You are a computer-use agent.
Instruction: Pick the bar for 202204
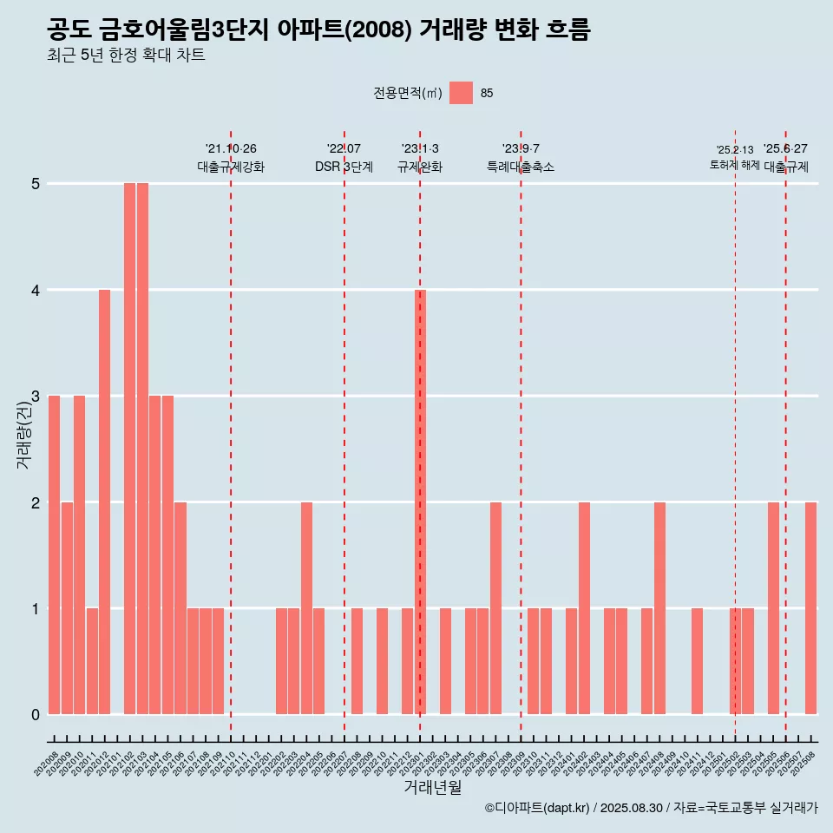(306, 607)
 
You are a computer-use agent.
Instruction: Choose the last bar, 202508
(810, 607)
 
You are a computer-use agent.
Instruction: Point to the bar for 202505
(773, 607)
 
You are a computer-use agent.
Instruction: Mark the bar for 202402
(584, 607)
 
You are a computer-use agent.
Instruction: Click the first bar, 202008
(54, 554)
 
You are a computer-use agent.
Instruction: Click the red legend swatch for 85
(462, 93)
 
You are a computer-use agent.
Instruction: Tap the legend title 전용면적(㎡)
(408, 94)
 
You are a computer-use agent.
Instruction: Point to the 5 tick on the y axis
(36, 184)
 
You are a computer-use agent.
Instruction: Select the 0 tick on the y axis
(36, 715)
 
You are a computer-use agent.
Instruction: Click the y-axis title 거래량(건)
(23, 435)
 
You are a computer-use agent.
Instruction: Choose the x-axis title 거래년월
(432, 787)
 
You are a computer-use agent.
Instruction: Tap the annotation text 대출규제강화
(231, 167)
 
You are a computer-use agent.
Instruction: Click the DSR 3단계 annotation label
(344, 167)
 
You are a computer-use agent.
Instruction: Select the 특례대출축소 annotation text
(521, 167)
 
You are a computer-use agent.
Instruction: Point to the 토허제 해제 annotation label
(734, 165)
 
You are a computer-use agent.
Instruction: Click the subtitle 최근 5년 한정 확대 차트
(127, 56)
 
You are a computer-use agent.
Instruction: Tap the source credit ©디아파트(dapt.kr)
(536, 808)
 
